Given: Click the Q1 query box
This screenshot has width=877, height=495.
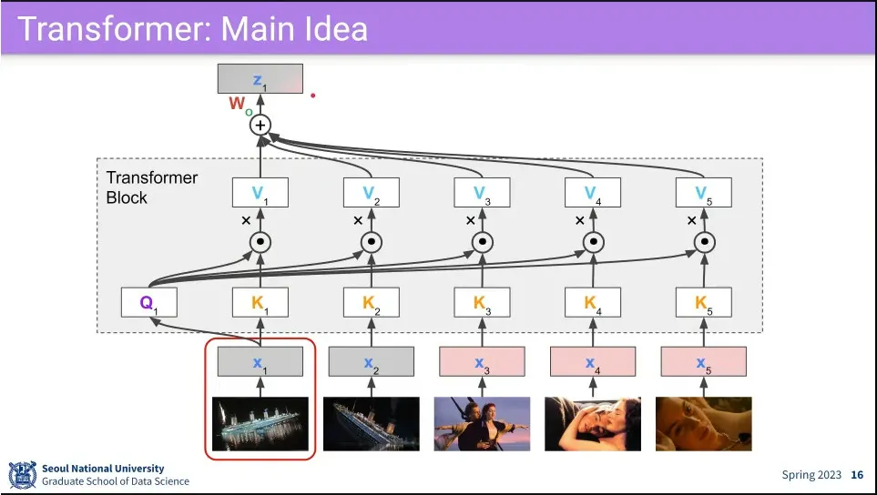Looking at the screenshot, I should pyautogui.click(x=148, y=302).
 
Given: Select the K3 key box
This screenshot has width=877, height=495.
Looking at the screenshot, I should pyautogui.click(x=482, y=302).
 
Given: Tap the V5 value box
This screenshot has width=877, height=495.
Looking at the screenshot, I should pyautogui.click(x=703, y=192).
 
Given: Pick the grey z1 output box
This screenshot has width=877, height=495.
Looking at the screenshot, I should pyautogui.click(x=260, y=79).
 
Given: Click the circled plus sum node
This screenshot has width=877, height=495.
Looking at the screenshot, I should pyautogui.click(x=261, y=125).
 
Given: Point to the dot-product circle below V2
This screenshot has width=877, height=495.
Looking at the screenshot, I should pyautogui.click(x=371, y=242).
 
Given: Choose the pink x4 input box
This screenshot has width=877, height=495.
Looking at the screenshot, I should pyautogui.click(x=592, y=361).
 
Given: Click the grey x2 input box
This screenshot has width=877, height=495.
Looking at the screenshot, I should pyautogui.click(x=371, y=361).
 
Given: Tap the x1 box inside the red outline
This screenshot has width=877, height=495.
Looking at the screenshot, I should pyautogui.click(x=260, y=361).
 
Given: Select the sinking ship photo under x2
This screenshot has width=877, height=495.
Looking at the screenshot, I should pyautogui.click(x=371, y=424).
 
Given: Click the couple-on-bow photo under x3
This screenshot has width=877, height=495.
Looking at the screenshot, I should pyautogui.click(x=482, y=424).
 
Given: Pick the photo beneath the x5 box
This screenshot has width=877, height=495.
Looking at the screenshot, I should pyautogui.click(x=703, y=424).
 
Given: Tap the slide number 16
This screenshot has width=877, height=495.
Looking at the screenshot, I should pyautogui.click(x=857, y=475).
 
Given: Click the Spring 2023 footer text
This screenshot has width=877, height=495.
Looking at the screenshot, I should pyautogui.click(x=811, y=475).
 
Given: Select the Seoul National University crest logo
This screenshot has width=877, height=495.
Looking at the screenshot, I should pyautogui.click(x=22, y=475).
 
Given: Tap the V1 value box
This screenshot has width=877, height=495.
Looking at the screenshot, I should pyautogui.click(x=260, y=192).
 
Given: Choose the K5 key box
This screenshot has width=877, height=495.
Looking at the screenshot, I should pyautogui.click(x=703, y=302).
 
